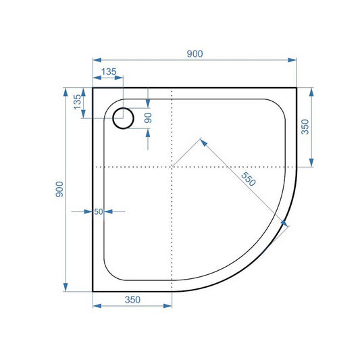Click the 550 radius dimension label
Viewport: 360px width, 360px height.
pyautogui.click(x=249, y=178)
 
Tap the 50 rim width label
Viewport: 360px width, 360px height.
pyautogui.click(x=98, y=211)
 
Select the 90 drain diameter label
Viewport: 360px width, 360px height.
pyautogui.click(x=148, y=117)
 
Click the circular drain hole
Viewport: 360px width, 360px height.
pyautogui.click(x=124, y=118)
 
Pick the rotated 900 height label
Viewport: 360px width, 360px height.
pyautogui.click(x=60, y=189)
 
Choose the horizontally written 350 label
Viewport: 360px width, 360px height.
pyautogui.click(x=132, y=300)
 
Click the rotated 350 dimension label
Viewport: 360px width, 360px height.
pyautogui.click(x=305, y=127)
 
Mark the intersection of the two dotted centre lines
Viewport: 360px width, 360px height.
pyautogui.click(x=172, y=165)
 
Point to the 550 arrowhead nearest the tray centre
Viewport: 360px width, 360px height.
pyautogui.click(x=203, y=142)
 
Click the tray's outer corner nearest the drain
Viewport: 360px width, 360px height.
pyautogui.click(x=93, y=88)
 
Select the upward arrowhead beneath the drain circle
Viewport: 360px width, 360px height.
pyautogui.click(x=148, y=133)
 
